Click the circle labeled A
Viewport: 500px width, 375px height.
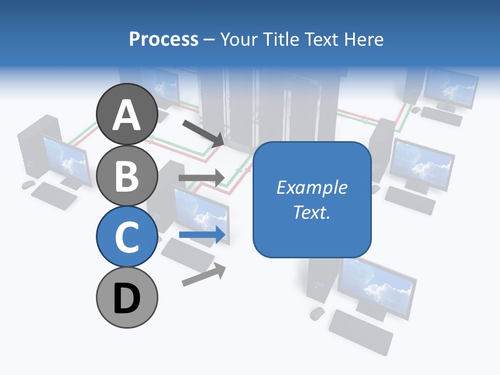pyautogui.click(x=127, y=114)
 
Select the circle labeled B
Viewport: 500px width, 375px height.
pyautogui.click(x=127, y=175)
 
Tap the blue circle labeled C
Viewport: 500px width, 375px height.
pyautogui.click(x=127, y=236)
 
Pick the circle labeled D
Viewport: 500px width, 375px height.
pyautogui.click(x=127, y=297)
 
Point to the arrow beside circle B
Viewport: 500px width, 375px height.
pyautogui.click(x=202, y=178)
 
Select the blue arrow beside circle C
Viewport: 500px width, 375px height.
pyautogui.click(x=203, y=235)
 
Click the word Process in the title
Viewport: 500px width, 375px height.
pyautogui.click(x=164, y=39)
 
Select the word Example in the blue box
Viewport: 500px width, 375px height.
pyautogui.click(x=312, y=187)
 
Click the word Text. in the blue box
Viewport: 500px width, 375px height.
pyautogui.click(x=312, y=212)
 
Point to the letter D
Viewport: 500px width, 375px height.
pyautogui.click(x=127, y=298)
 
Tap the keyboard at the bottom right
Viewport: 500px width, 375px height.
pyautogui.click(x=360, y=331)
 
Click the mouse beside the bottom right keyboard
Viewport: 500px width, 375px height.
pyautogui.click(x=317, y=313)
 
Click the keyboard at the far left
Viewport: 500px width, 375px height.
pyautogui.click(x=54, y=195)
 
